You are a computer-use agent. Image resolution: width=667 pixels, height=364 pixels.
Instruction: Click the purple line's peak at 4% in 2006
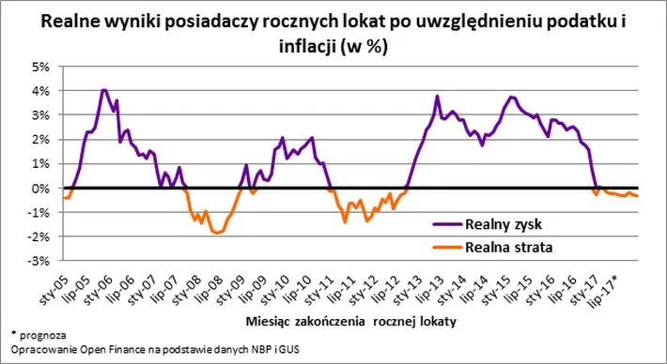click(x=103, y=91)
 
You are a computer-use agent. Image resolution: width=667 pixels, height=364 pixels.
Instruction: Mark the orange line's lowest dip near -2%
click(x=219, y=233)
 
